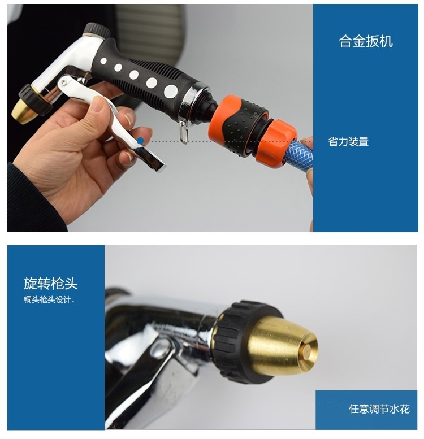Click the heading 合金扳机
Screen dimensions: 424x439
pyautogui.click(x=365, y=41)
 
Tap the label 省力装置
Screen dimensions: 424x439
pyautogui.click(x=348, y=142)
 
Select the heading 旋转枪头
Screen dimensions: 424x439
pyautogui.click(x=51, y=283)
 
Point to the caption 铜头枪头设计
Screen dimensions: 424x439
pyautogui.click(x=47, y=300)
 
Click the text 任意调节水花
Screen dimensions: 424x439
pyautogui.click(x=379, y=409)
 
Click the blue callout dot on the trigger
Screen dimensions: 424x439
pyautogui.click(x=140, y=141)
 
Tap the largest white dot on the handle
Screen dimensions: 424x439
pyautogui.click(x=171, y=92)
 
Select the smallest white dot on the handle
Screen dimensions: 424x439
pyautogui.click(x=103, y=61)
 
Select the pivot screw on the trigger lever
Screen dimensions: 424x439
pyautogui.click(x=64, y=82)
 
